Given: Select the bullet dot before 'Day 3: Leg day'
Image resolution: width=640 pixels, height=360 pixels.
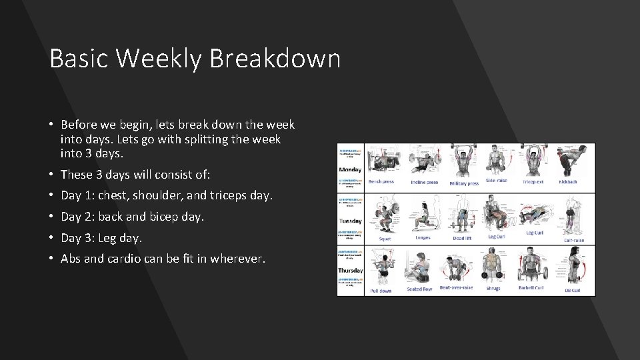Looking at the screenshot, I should [51, 238].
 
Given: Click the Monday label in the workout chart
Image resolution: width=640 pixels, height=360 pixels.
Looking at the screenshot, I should [350, 169].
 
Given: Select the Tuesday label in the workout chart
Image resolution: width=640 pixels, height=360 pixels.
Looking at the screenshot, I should [350, 221].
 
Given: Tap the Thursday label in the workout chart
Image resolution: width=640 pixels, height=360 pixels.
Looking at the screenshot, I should [350, 271].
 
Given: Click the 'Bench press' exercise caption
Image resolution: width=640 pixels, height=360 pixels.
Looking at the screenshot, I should [381, 182].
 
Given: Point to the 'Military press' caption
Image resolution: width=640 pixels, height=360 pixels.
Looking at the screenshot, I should [464, 183].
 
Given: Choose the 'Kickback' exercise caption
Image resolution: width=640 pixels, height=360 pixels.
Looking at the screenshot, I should [568, 181].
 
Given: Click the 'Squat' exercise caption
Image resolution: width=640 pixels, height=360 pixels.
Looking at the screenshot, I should [385, 238].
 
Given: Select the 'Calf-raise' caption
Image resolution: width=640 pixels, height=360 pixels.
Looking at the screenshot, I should [573, 240].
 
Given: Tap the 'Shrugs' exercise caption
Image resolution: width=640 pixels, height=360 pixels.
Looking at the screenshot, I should [493, 289].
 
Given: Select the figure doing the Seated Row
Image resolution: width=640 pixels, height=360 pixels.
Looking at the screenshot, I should [419, 267].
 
